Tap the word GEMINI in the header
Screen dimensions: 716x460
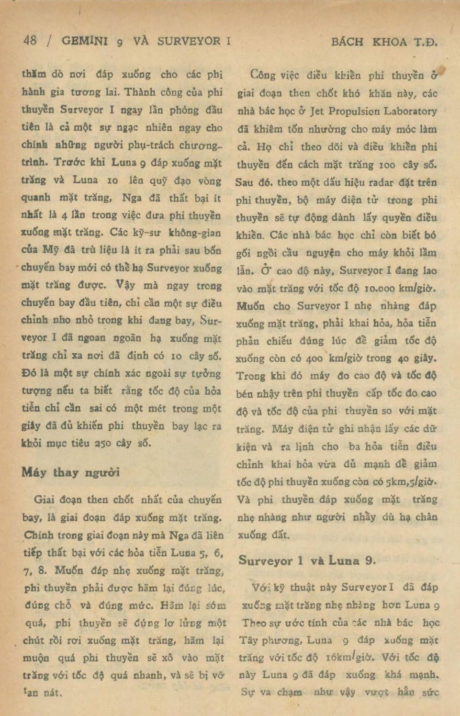[x=85, y=41]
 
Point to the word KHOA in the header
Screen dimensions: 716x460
[x=390, y=42]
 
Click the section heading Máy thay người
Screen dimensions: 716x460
[x=70, y=472]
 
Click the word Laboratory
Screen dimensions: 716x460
[x=413, y=111]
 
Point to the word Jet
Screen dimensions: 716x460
[x=316, y=111]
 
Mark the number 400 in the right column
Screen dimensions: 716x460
[x=314, y=358]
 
